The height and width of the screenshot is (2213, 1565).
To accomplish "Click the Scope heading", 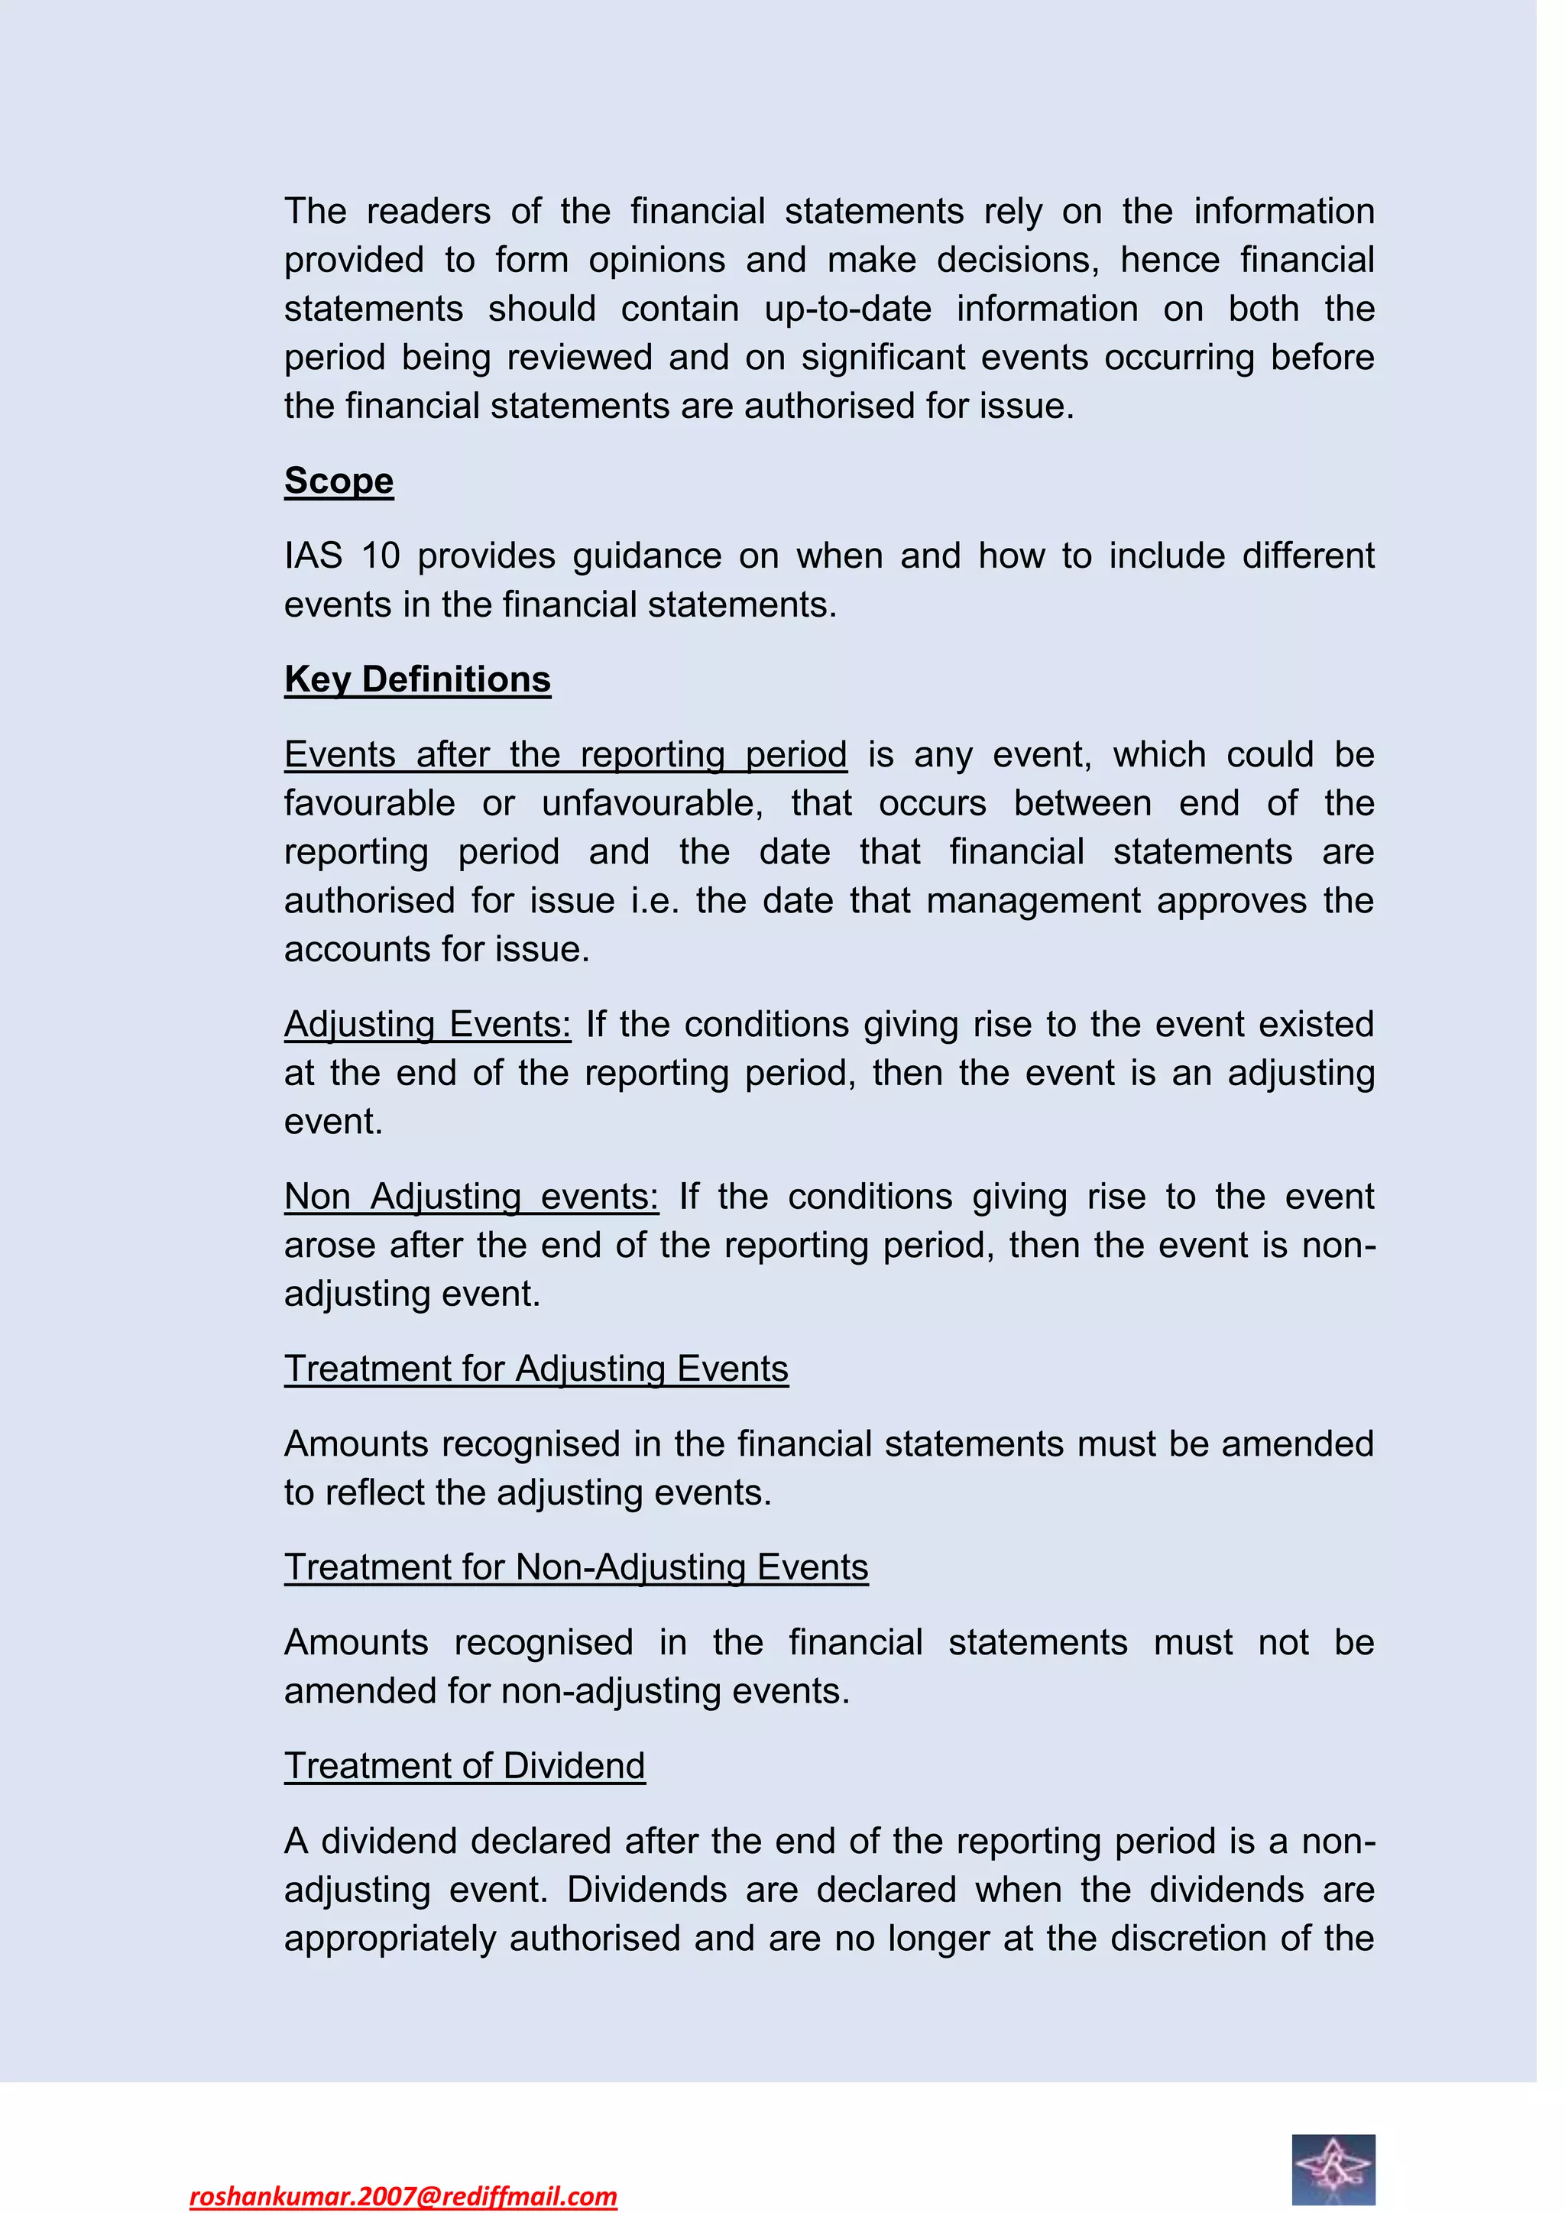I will pyautogui.click(x=339, y=481).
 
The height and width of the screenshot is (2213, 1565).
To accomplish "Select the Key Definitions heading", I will pyautogui.click(x=417, y=679).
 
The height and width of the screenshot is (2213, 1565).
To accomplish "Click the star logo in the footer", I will pyautogui.click(x=1333, y=2169).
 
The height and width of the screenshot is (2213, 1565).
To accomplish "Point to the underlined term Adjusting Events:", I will pyautogui.click(x=427, y=1025).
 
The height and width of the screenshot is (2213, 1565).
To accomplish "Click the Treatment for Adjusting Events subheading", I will pyautogui.click(x=536, y=1369).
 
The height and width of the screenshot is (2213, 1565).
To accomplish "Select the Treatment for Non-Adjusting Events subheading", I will pyautogui.click(x=575, y=1567).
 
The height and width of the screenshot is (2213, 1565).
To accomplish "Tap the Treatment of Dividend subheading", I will pyautogui.click(x=465, y=1766).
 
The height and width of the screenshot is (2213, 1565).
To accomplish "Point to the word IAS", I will pyautogui.click(x=313, y=556).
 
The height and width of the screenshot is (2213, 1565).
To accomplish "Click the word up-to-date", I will pyautogui.click(x=848, y=309).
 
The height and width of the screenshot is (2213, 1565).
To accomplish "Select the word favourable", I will pyautogui.click(x=369, y=803).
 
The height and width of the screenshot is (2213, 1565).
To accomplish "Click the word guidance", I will pyautogui.click(x=646, y=557).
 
